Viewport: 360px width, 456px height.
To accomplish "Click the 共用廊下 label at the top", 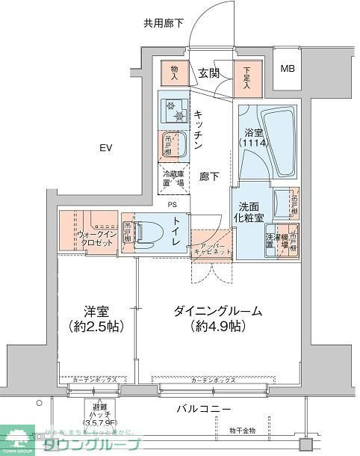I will (164, 23).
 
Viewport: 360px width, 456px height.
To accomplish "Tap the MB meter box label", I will (287, 70).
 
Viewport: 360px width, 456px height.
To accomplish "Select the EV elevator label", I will (106, 148).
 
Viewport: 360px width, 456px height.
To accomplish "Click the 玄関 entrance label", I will (209, 73).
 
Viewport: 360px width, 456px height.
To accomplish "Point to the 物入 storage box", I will (174, 72).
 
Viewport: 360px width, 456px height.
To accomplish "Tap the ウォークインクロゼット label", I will (95, 238).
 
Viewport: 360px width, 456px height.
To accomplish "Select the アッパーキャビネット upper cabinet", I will (211, 247).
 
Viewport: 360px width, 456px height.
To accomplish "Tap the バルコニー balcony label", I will (204, 409).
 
